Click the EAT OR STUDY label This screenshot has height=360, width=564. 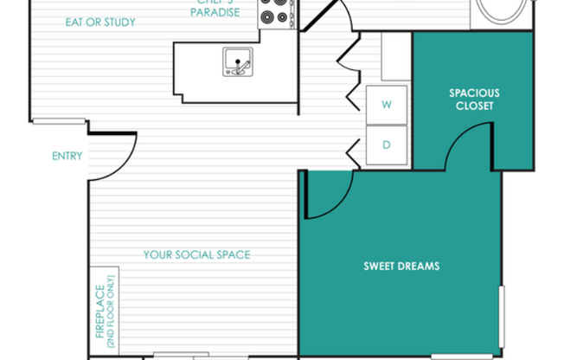click(100, 22)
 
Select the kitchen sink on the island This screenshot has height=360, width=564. click(236, 61)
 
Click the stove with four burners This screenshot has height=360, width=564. click(277, 14)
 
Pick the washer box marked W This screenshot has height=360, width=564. click(387, 105)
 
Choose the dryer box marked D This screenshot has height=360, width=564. click(387, 145)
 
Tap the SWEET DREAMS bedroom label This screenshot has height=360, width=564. click(401, 267)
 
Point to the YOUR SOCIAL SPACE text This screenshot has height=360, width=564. click(196, 254)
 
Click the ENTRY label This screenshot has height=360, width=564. click(67, 157)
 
